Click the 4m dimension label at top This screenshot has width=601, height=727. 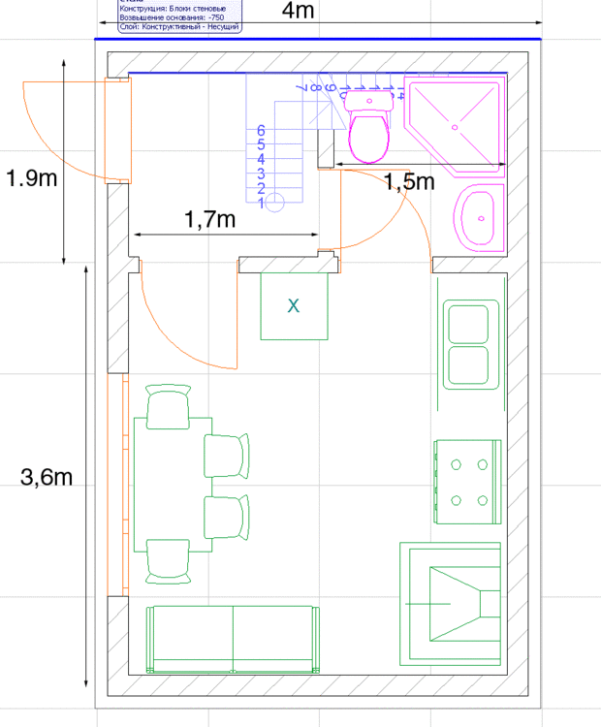coord(298,11)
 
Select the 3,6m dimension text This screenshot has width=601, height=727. coord(46,477)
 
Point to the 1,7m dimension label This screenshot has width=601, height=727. coord(210,220)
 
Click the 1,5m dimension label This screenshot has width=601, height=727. coord(408,181)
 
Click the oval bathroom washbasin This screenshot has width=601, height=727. coord(479,217)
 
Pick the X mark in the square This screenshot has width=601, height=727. coord(294,305)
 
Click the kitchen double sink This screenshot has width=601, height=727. coord(471,344)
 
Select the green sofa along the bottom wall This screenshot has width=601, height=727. coord(232,639)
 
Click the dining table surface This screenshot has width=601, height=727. coord(173,484)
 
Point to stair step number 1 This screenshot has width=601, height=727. coord(262,203)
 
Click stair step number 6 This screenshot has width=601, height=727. coord(262,130)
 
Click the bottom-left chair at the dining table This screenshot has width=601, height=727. coord(168,561)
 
